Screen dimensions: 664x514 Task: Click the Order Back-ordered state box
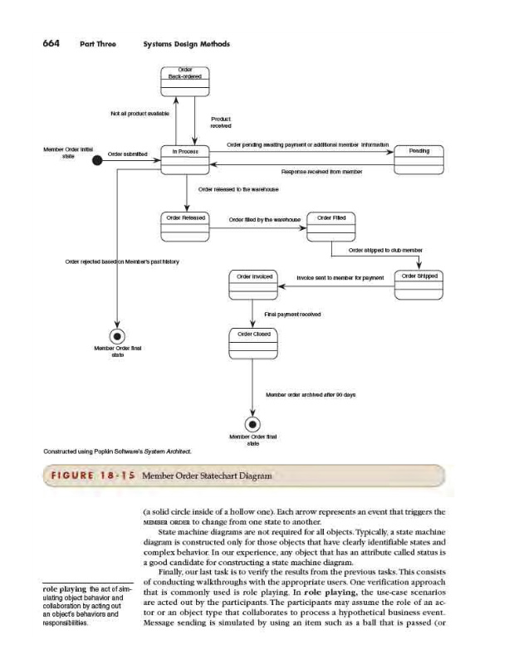coord(187,78)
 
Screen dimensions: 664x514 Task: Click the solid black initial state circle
coord(98,161)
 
